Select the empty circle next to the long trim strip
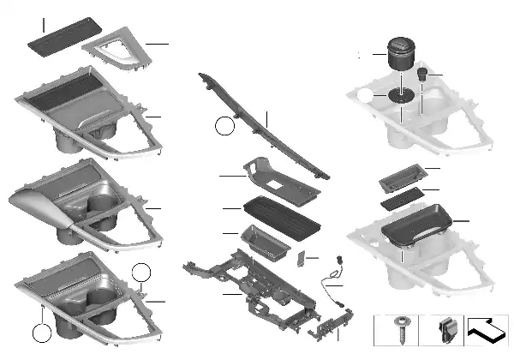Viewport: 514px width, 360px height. tap(224, 127)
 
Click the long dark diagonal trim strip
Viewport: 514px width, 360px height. tap(257, 129)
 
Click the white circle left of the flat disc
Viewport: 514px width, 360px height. tap(368, 97)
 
